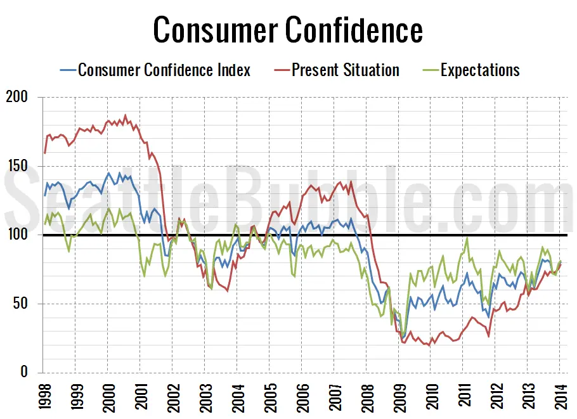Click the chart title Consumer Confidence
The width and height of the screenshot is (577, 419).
[x=288, y=30]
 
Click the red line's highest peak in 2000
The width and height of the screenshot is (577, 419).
[x=125, y=115]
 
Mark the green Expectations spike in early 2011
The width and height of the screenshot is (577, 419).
[x=467, y=239]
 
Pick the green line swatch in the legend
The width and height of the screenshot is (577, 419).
[x=430, y=70]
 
